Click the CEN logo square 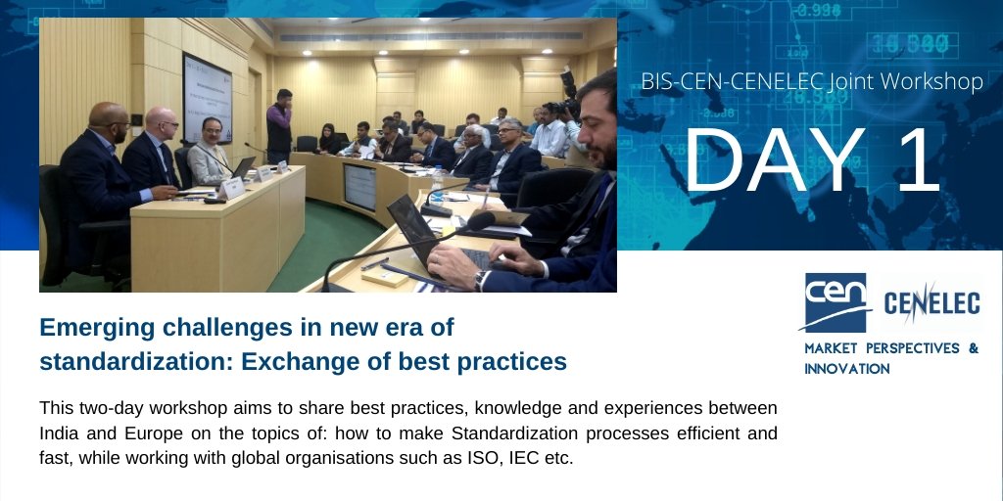(x=836, y=302)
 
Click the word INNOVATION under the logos (x=846, y=369)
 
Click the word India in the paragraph (x=59, y=433)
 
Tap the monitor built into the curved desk (x=358, y=186)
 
